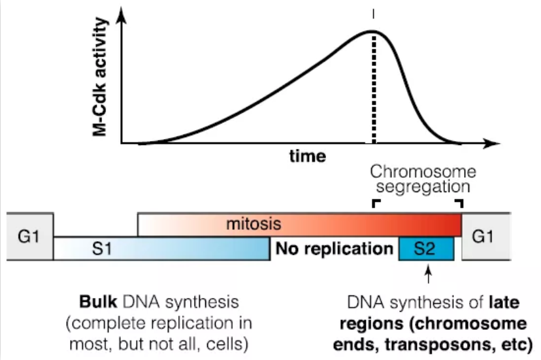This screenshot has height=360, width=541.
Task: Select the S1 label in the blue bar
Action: pyautogui.click(x=107, y=249)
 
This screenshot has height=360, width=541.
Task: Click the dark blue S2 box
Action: pyautogui.click(x=426, y=249)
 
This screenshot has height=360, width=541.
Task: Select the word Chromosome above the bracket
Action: pyautogui.click(x=423, y=172)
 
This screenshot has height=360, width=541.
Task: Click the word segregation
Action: pyautogui.click(x=423, y=188)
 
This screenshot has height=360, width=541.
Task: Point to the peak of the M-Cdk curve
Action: pyautogui.click(x=373, y=31)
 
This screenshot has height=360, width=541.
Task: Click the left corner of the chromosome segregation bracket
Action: pyautogui.click(x=375, y=203)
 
